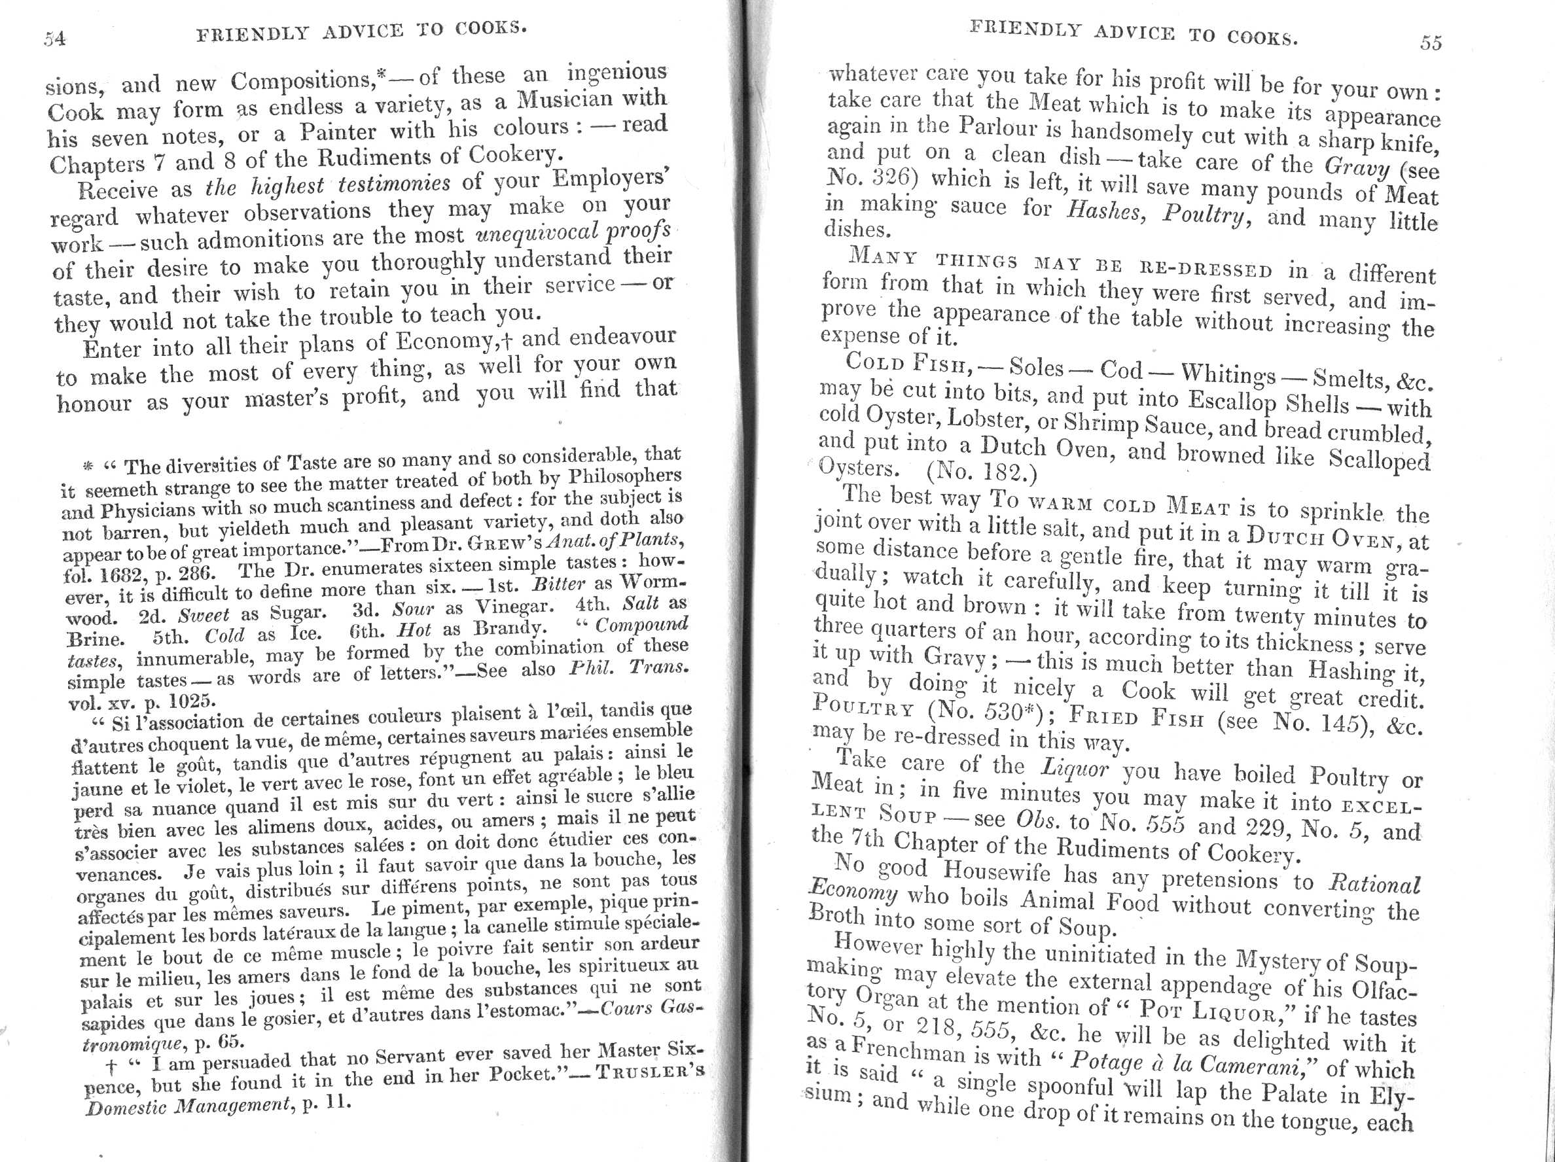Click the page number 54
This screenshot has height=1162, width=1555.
[55, 38]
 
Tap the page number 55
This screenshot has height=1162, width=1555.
[1431, 43]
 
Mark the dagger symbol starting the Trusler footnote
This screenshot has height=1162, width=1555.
[111, 1068]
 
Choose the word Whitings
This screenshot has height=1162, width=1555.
[1227, 374]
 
